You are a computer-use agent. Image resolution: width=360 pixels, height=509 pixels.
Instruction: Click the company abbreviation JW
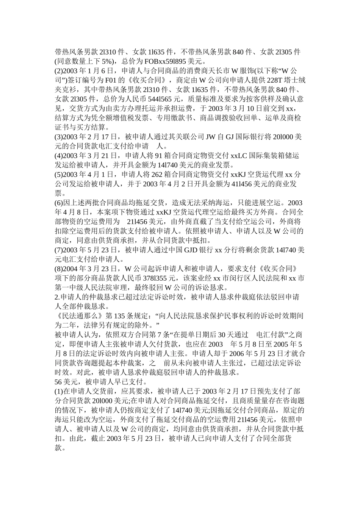(x=211, y=137)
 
